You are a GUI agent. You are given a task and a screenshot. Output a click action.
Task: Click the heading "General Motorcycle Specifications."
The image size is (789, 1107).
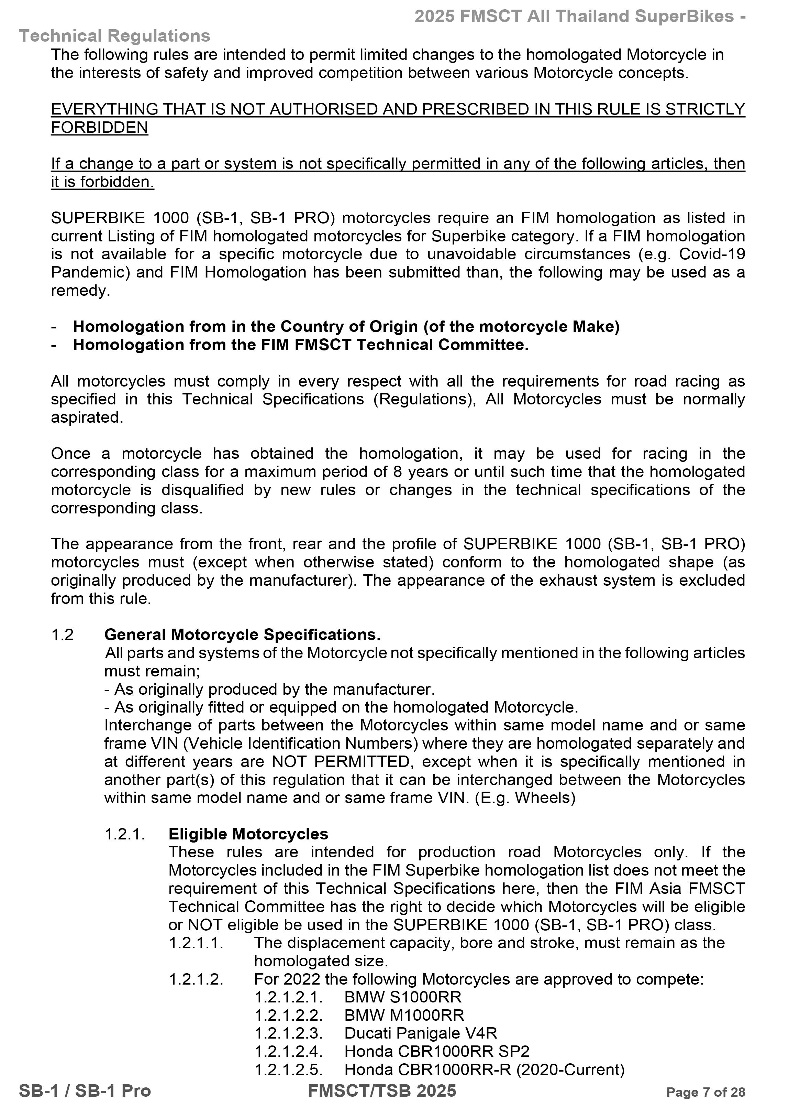click(242, 634)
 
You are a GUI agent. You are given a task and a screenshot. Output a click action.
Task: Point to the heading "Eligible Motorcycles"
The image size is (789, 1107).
click(248, 834)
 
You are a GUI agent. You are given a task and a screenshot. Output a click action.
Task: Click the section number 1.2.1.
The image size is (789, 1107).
click(125, 834)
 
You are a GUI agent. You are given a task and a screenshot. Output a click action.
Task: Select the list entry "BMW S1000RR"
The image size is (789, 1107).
click(403, 997)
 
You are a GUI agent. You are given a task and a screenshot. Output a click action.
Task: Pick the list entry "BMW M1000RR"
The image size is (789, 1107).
click(404, 1015)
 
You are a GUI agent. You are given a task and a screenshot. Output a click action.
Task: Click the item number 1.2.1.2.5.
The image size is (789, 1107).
click(289, 1070)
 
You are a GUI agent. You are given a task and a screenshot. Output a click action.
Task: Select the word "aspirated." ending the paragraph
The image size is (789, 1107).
click(87, 417)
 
